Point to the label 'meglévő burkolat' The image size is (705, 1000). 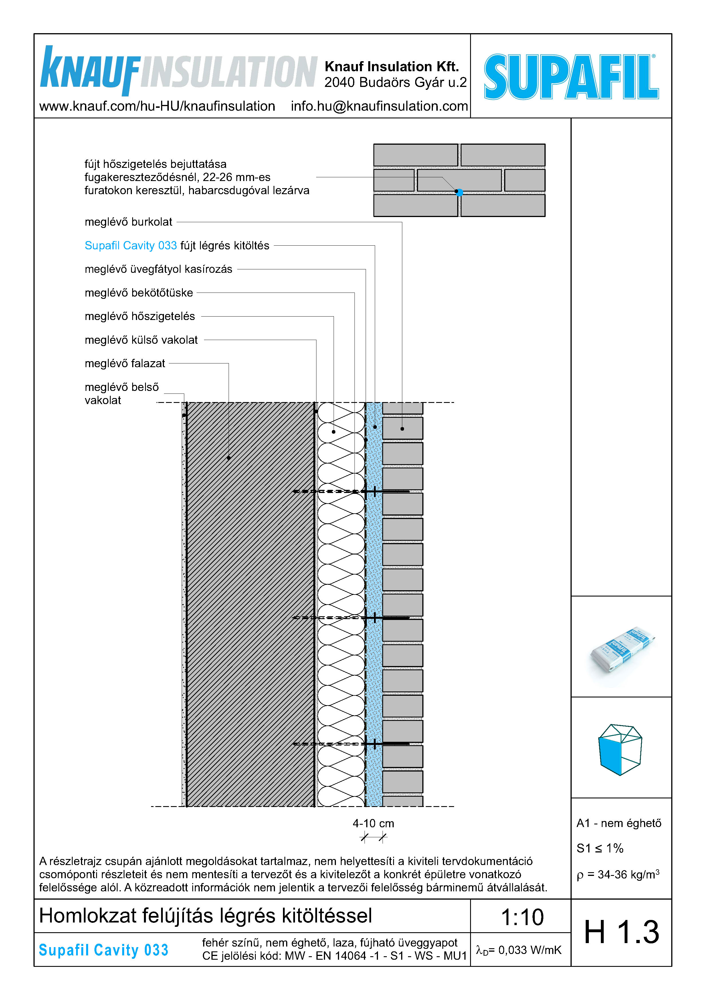[128, 222]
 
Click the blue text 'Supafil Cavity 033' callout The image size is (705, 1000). [131, 246]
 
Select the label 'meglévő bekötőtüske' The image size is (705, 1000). [138, 293]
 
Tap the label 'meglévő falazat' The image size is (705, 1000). [125, 363]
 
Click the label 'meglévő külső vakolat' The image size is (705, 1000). [141, 340]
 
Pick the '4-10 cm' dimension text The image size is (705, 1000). [373, 823]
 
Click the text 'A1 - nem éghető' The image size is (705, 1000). [619, 823]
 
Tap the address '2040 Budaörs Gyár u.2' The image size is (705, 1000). [395, 82]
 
